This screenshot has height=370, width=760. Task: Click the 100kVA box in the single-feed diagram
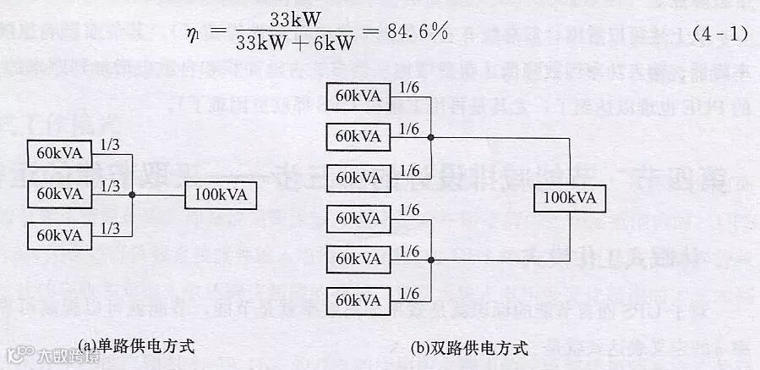click(220, 195)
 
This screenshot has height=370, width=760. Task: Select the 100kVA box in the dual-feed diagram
click(569, 198)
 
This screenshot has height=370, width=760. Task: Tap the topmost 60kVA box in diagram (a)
click(59, 153)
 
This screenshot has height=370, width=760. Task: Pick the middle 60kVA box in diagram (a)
click(59, 194)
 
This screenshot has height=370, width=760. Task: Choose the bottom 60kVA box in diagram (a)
click(59, 235)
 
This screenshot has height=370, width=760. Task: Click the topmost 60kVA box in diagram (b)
click(358, 95)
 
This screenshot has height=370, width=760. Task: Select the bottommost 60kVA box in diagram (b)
click(358, 300)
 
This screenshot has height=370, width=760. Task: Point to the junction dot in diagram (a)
click(132, 195)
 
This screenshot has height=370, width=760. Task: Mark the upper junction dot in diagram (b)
click(431, 136)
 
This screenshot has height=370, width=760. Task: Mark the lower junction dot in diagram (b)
click(431, 259)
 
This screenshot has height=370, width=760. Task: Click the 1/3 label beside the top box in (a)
click(111, 145)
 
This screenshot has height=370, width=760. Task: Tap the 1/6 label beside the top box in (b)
click(409, 86)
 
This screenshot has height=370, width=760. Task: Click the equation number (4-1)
click(720, 35)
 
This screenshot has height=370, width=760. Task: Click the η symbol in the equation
click(194, 35)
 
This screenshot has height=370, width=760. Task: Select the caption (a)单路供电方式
click(135, 345)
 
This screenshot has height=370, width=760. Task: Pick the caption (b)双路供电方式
click(469, 347)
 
